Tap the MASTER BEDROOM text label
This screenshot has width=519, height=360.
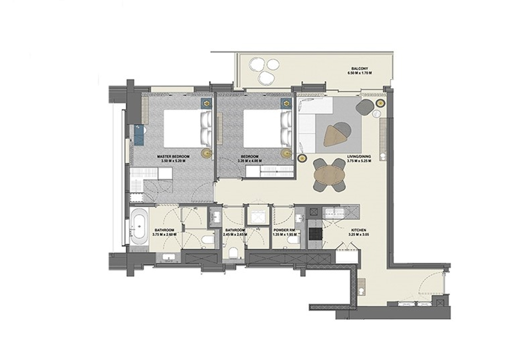(x=173, y=157)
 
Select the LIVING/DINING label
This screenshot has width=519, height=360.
(x=359, y=157)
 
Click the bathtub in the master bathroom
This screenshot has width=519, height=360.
(x=139, y=227)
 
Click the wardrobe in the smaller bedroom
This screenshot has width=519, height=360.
(x=270, y=171)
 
